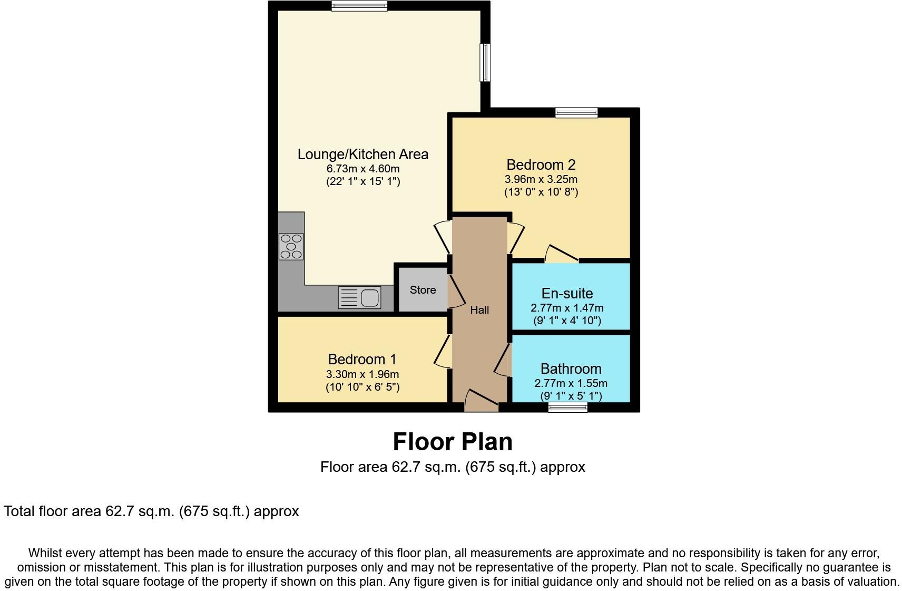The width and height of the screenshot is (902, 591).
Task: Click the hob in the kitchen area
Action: tap(291, 246)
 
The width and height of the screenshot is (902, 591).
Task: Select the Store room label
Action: tap(423, 290)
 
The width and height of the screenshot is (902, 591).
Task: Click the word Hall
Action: tap(479, 310)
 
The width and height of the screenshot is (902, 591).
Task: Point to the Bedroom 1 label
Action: tap(362, 360)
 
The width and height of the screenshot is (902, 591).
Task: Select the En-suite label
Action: tap(567, 294)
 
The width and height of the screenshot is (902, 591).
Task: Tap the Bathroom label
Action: tap(571, 369)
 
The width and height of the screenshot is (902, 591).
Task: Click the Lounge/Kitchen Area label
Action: tap(362, 154)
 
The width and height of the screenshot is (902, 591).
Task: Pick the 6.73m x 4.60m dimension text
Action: tap(362, 169)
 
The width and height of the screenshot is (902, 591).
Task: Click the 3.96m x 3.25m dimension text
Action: tap(541, 179)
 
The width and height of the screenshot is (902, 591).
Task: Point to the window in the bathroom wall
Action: tap(567, 407)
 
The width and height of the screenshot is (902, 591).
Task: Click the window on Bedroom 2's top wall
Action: tap(576, 112)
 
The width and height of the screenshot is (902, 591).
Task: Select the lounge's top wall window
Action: tap(359, 6)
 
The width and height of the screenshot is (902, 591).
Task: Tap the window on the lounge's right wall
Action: tap(485, 62)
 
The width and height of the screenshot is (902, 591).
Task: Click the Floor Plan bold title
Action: tap(453, 442)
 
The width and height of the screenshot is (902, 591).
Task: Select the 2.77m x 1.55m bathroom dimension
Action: tap(571, 384)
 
